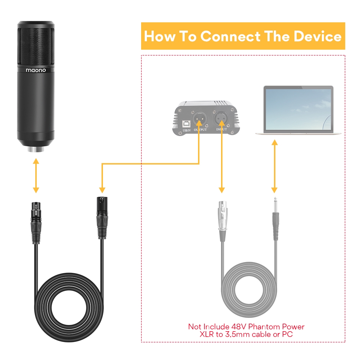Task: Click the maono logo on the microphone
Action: point(36,70)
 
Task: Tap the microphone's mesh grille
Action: point(36,47)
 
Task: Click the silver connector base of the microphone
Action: point(36,149)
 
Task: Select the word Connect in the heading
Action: point(230,36)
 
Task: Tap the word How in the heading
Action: point(160,36)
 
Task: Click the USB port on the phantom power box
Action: point(186,124)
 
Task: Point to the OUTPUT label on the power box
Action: point(200,130)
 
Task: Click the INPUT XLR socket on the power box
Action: point(221,118)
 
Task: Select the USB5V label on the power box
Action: point(186,130)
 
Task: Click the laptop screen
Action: point(298,109)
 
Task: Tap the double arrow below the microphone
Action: point(36,176)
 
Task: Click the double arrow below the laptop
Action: point(275,166)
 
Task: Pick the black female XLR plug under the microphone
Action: point(36,223)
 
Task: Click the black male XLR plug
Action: point(102,218)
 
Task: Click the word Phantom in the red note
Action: point(264,327)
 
